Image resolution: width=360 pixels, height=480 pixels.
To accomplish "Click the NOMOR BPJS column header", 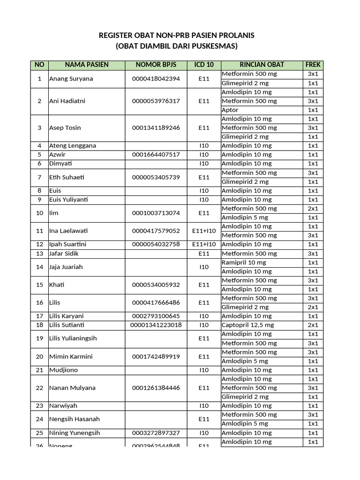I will coord(156,65).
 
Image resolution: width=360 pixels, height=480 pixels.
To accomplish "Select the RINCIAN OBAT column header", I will coord(262,65).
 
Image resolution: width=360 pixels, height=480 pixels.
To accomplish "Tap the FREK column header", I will coord(313,65).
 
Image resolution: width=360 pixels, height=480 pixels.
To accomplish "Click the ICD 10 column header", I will coord(203,65).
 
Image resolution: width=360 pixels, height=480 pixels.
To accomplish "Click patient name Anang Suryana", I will coord(71,79).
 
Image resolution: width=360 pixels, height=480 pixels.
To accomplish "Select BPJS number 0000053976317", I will coord(156,101).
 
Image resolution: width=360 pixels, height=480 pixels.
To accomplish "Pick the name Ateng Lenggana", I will coord(72,146).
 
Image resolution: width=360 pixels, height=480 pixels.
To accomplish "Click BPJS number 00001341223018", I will coord(156,325).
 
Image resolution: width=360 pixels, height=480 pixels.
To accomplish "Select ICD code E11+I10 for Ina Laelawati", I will coord(203,231).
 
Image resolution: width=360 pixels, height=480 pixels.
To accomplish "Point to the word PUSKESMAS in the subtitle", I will coord(213,46).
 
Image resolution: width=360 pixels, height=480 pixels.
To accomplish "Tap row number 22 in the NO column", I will coord(39,388).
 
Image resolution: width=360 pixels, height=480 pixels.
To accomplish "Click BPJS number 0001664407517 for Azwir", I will coord(156,155).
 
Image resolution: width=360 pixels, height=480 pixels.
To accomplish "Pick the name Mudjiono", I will coord(63,370).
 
